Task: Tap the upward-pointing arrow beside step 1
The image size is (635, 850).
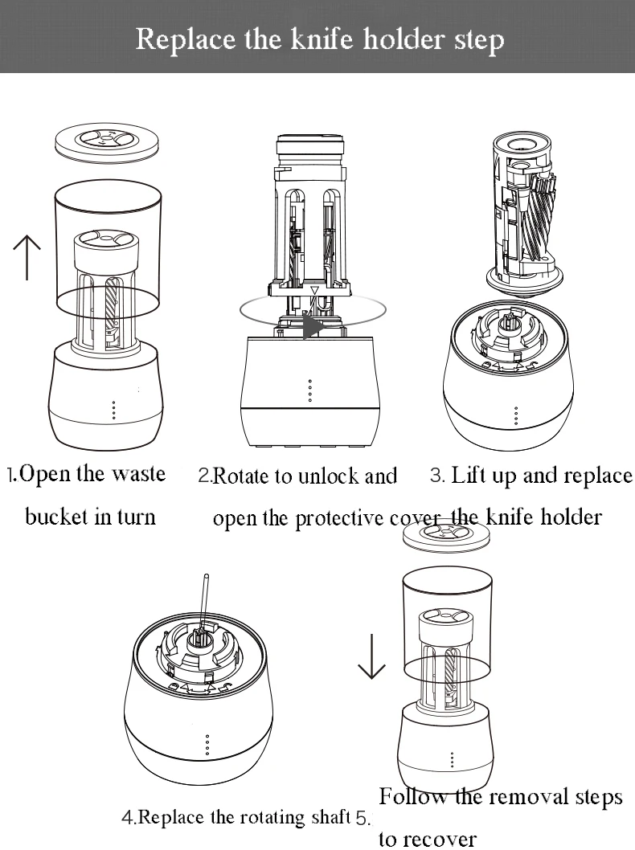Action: click(x=27, y=257)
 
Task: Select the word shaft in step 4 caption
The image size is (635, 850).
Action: click(x=330, y=818)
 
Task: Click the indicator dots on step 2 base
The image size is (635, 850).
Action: click(x=310, y=389)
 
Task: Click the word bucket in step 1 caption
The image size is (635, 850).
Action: click(x=56, y=516)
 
